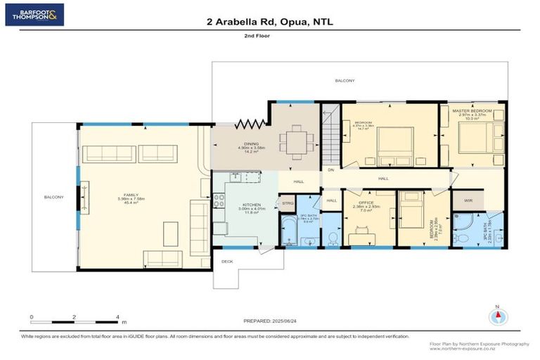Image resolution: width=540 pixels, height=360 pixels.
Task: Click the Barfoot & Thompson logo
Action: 34,14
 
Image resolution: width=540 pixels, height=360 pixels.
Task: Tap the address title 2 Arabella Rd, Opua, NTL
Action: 269,22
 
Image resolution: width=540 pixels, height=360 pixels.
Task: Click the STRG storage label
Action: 287,203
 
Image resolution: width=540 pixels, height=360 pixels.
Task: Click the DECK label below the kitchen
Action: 226,261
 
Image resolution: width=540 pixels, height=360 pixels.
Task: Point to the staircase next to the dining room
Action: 330,134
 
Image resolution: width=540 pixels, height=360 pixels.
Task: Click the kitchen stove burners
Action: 218,198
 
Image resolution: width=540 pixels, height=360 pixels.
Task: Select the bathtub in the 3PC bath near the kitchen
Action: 288,230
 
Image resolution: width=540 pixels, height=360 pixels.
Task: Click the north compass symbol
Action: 499,315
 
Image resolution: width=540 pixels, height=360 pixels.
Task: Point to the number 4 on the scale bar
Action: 117,317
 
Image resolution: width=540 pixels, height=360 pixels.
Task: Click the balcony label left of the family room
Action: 53,197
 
